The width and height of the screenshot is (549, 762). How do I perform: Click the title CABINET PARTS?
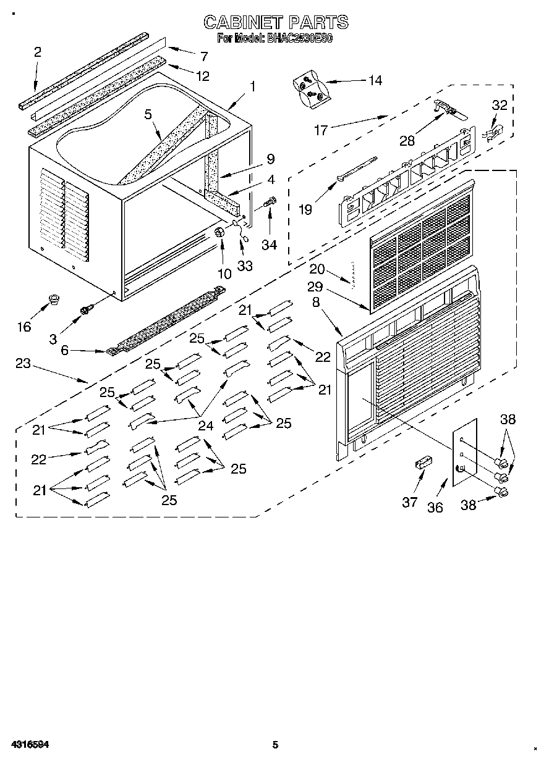click(276, 23)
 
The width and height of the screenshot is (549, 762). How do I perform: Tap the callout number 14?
click(374, 80)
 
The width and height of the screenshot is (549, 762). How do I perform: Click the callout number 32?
click(499, 105)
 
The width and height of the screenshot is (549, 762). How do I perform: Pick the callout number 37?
click(410, 501)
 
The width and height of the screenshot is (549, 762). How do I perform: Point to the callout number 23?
click(23, 363)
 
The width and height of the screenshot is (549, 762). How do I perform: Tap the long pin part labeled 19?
click(357, 170)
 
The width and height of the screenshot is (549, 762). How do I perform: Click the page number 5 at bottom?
click(276, 744)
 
